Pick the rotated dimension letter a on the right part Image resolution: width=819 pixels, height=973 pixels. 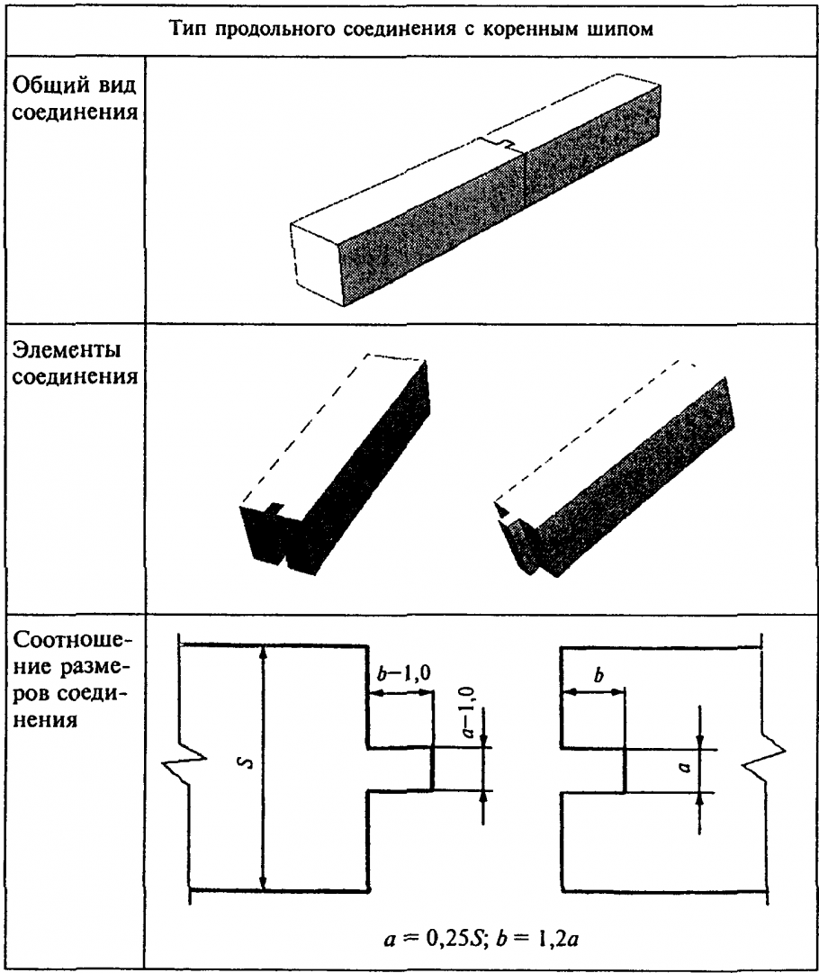(684, 768)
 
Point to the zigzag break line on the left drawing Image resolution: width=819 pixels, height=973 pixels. (177, 767)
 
